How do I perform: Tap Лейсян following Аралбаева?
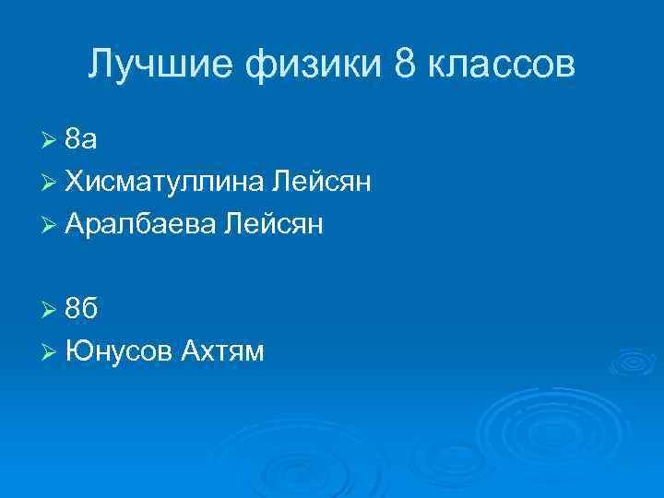(273, 224)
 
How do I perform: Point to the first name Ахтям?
(222, 351)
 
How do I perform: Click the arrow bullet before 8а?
(52, 140)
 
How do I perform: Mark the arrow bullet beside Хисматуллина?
(52, 183)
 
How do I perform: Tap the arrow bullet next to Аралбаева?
(52, 225)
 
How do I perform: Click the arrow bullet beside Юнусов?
(52, 352)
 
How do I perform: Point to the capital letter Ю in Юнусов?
(77, 351)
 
